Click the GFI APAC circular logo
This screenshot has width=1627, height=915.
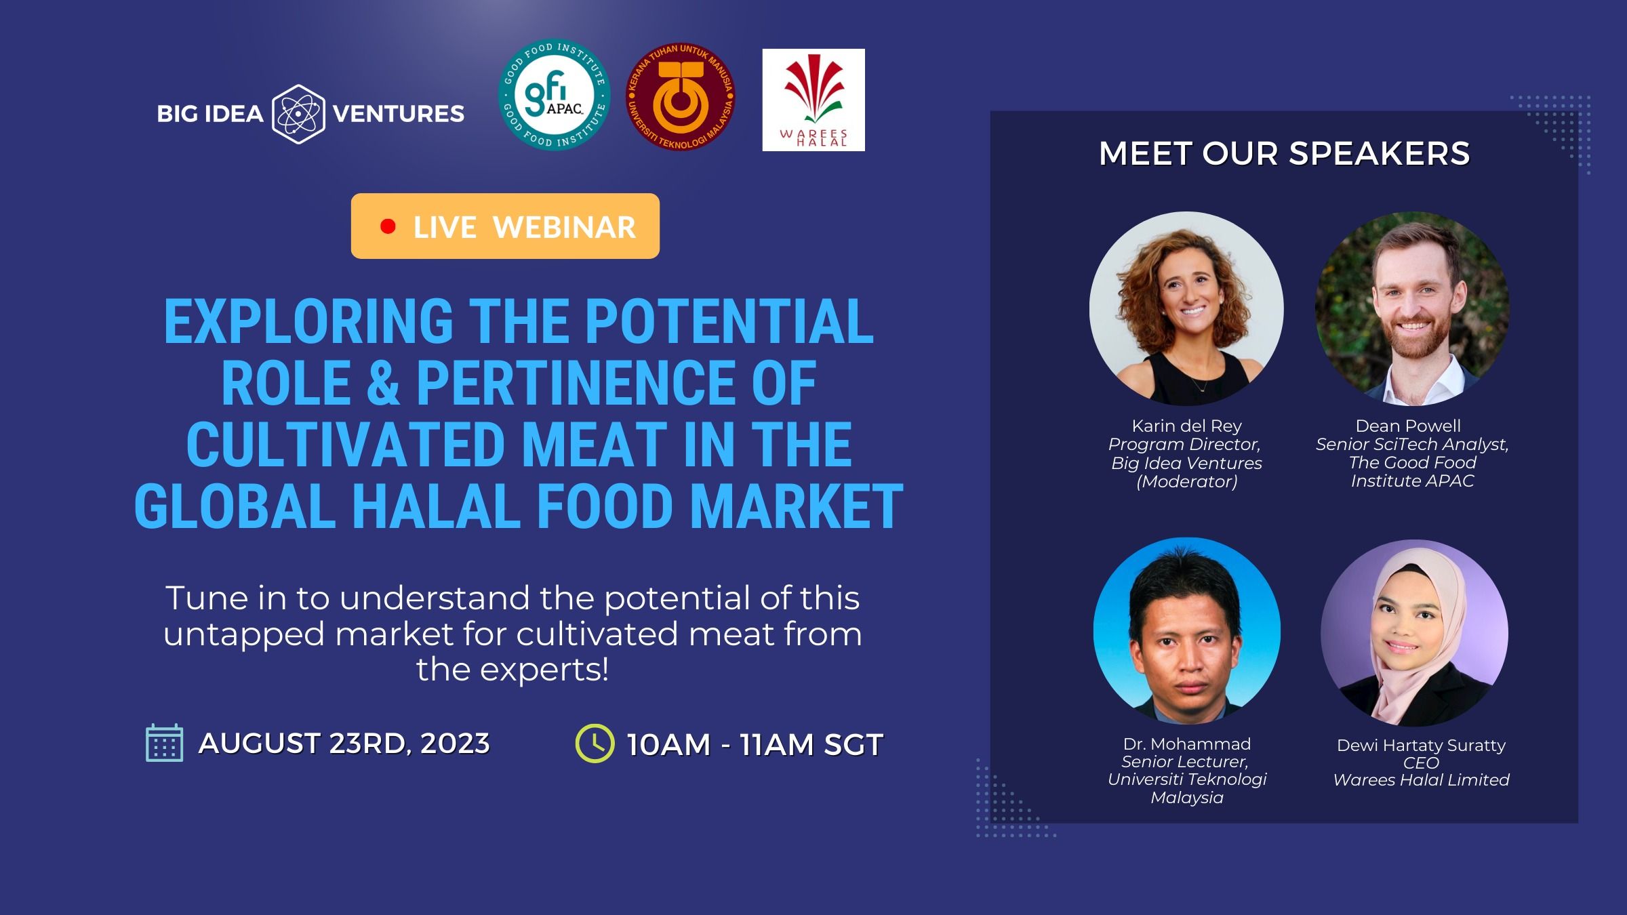pos(554,94)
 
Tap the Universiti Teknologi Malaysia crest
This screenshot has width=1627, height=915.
pos(681,96)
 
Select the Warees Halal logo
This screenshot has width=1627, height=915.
pos(813,100)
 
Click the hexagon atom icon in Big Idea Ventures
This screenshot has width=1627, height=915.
pos(298,114)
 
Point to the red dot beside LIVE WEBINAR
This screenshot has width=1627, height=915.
pos(388,226)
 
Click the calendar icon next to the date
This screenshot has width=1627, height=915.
pos(165,743)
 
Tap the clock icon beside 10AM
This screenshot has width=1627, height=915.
pos(595,744)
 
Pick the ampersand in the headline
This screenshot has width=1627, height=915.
pos(384,383)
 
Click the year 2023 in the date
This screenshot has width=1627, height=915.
pos(455,744)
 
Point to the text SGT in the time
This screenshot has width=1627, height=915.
pos(853,745)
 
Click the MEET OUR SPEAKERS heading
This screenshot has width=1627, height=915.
pos(1284,153)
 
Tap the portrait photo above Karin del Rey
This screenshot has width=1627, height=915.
pos(1186,309)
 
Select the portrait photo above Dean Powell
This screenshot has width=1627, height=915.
pos(1412,309)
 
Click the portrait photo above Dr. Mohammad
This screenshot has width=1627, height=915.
pos(1187,631)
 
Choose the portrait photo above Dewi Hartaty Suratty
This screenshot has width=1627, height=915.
pos(1415,633)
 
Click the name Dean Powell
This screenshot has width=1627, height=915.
pos(1408,426)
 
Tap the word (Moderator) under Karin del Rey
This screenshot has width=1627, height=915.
pos(1186,481)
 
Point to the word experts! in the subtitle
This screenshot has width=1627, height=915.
pos(544,670)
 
